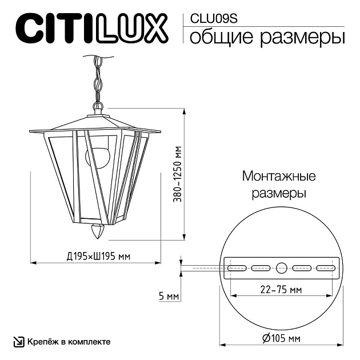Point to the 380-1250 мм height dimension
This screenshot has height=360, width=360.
pos(179,175)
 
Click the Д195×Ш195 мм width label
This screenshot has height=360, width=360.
pos(95,255)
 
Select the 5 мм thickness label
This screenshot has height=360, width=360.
pos(170,296)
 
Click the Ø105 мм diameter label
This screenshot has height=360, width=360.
pos(281,339)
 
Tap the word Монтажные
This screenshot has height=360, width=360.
pos(279,175)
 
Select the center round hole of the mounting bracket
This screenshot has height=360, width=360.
pos(282,267)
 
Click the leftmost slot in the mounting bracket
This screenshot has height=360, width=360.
pos(237,267)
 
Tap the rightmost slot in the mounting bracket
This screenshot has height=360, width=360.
pos(326,267)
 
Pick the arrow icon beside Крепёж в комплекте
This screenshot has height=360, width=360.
pos(19,342)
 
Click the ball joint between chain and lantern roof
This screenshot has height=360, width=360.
pos(98,106)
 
